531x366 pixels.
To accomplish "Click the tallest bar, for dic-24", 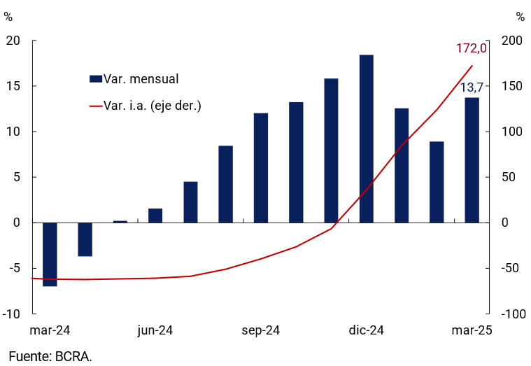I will [x=366, y=139].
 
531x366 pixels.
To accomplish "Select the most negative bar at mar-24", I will [x=50, y=254].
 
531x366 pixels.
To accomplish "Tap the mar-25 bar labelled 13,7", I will [x=472, y=160].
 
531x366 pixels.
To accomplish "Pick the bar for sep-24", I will [x=261, y=168].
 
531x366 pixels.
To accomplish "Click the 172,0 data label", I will [x=471, y=48].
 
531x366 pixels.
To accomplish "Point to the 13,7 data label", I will [x=472, y=87].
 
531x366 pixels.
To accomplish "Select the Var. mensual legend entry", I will [x=134, y=79].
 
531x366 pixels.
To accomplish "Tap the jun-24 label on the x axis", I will [x=155, y=331].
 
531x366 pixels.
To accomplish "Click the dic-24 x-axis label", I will [x=366, y=331].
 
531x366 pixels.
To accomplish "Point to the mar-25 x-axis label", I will [x=471, y=331].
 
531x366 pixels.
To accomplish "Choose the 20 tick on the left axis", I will [x=13, y=41].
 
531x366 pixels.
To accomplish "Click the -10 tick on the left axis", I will [x=11, y=314].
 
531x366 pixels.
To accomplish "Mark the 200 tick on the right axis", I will [x=513, y=41].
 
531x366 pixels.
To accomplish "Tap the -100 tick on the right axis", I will [x=512, y=314].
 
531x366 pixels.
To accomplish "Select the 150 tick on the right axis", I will [x=513, y=86].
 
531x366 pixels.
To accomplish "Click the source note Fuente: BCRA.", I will [x=50, y=356].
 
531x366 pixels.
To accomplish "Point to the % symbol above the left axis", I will [x=8, y=17].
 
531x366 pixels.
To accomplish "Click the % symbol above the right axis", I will [x=520, y=17].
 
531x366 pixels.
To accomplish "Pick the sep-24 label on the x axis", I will [x=261, y=331].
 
